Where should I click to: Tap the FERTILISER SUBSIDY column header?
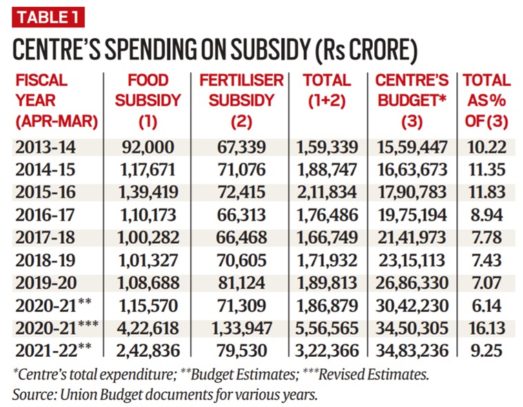[x=241, y=102]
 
